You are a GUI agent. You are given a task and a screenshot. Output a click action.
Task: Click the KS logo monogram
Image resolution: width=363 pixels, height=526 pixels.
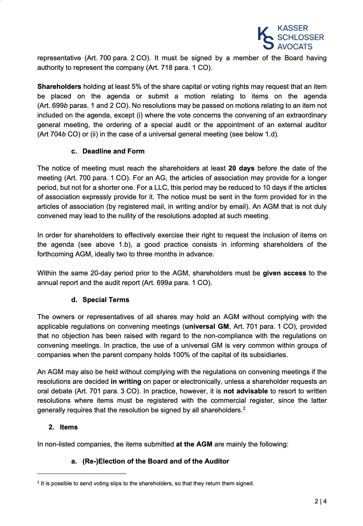point(266,38)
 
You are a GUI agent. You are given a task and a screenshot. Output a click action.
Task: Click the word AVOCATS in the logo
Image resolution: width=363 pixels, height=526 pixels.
point(295,47)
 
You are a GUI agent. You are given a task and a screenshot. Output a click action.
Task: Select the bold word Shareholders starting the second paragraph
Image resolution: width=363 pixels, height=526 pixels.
point(59,87)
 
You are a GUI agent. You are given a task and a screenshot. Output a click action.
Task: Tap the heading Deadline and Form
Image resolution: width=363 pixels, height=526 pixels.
point(113,151)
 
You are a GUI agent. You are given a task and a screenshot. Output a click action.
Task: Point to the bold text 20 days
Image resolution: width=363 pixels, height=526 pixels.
point(241,168)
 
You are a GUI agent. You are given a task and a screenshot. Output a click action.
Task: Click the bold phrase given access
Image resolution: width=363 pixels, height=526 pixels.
point(285,273)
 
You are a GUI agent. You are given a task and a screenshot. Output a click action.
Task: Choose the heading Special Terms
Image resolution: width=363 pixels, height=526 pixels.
point(106,300)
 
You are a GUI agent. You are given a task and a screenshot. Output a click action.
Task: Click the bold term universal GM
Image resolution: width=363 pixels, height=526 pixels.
point(207,327)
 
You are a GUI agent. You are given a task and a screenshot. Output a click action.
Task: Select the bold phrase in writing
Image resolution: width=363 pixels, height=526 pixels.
point(126,382)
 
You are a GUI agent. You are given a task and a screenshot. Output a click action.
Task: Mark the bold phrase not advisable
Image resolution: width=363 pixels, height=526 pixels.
point(245,391)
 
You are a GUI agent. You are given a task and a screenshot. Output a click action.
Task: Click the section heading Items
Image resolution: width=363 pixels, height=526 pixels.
point(69,427)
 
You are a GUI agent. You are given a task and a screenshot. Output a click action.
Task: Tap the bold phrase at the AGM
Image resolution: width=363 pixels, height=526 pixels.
point(194,444)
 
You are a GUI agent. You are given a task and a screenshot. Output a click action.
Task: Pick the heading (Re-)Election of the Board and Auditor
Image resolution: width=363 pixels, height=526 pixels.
point(156,461)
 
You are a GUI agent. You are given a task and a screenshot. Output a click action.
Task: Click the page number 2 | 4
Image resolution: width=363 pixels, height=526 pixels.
point(321,502)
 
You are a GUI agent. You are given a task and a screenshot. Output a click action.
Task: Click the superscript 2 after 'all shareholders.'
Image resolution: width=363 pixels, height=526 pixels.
point(244,408)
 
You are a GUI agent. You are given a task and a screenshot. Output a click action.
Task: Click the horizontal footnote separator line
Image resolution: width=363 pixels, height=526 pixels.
point(82,474)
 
